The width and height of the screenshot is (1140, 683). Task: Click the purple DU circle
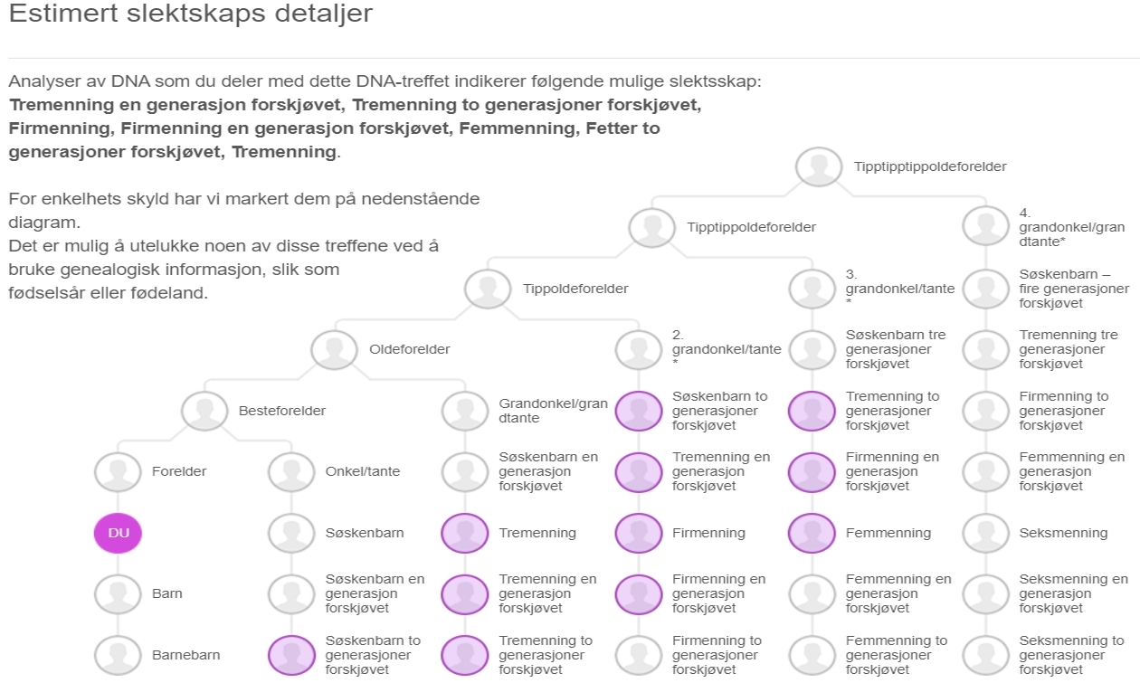[x=119, y=533]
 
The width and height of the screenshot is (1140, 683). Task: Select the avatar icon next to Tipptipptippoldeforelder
[x=819, y=166]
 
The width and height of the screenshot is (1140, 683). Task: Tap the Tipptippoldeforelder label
[x=751, y=227]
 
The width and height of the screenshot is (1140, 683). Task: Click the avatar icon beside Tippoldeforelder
[x=488, y=289]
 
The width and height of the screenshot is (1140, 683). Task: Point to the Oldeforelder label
[x=409, y=349]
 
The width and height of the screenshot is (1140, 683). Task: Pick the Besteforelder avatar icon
[x=204, y=411]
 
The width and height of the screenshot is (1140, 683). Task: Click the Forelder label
[x=179, y=471]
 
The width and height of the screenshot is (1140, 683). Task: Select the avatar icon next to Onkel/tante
[x=291, y=471]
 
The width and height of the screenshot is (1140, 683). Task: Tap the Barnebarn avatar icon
[x=119, y=655]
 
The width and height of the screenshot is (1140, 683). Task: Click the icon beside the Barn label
[x=119, y=594]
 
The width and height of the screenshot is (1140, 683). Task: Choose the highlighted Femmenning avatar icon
[x=812, y=533]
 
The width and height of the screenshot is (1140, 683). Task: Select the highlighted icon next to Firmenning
[x=638, y=533]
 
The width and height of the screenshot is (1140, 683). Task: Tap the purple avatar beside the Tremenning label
[x=464, y=533]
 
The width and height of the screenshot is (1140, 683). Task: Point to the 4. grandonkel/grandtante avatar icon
[x=985, y=227]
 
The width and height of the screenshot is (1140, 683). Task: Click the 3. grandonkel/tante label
[x=899, y=289]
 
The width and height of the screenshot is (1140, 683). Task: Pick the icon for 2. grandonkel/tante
[x=638, y=349]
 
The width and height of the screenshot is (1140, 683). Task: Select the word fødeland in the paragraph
[x=179, y=294]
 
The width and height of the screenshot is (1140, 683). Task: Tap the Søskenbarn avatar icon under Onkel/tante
[x=291, y=533]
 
